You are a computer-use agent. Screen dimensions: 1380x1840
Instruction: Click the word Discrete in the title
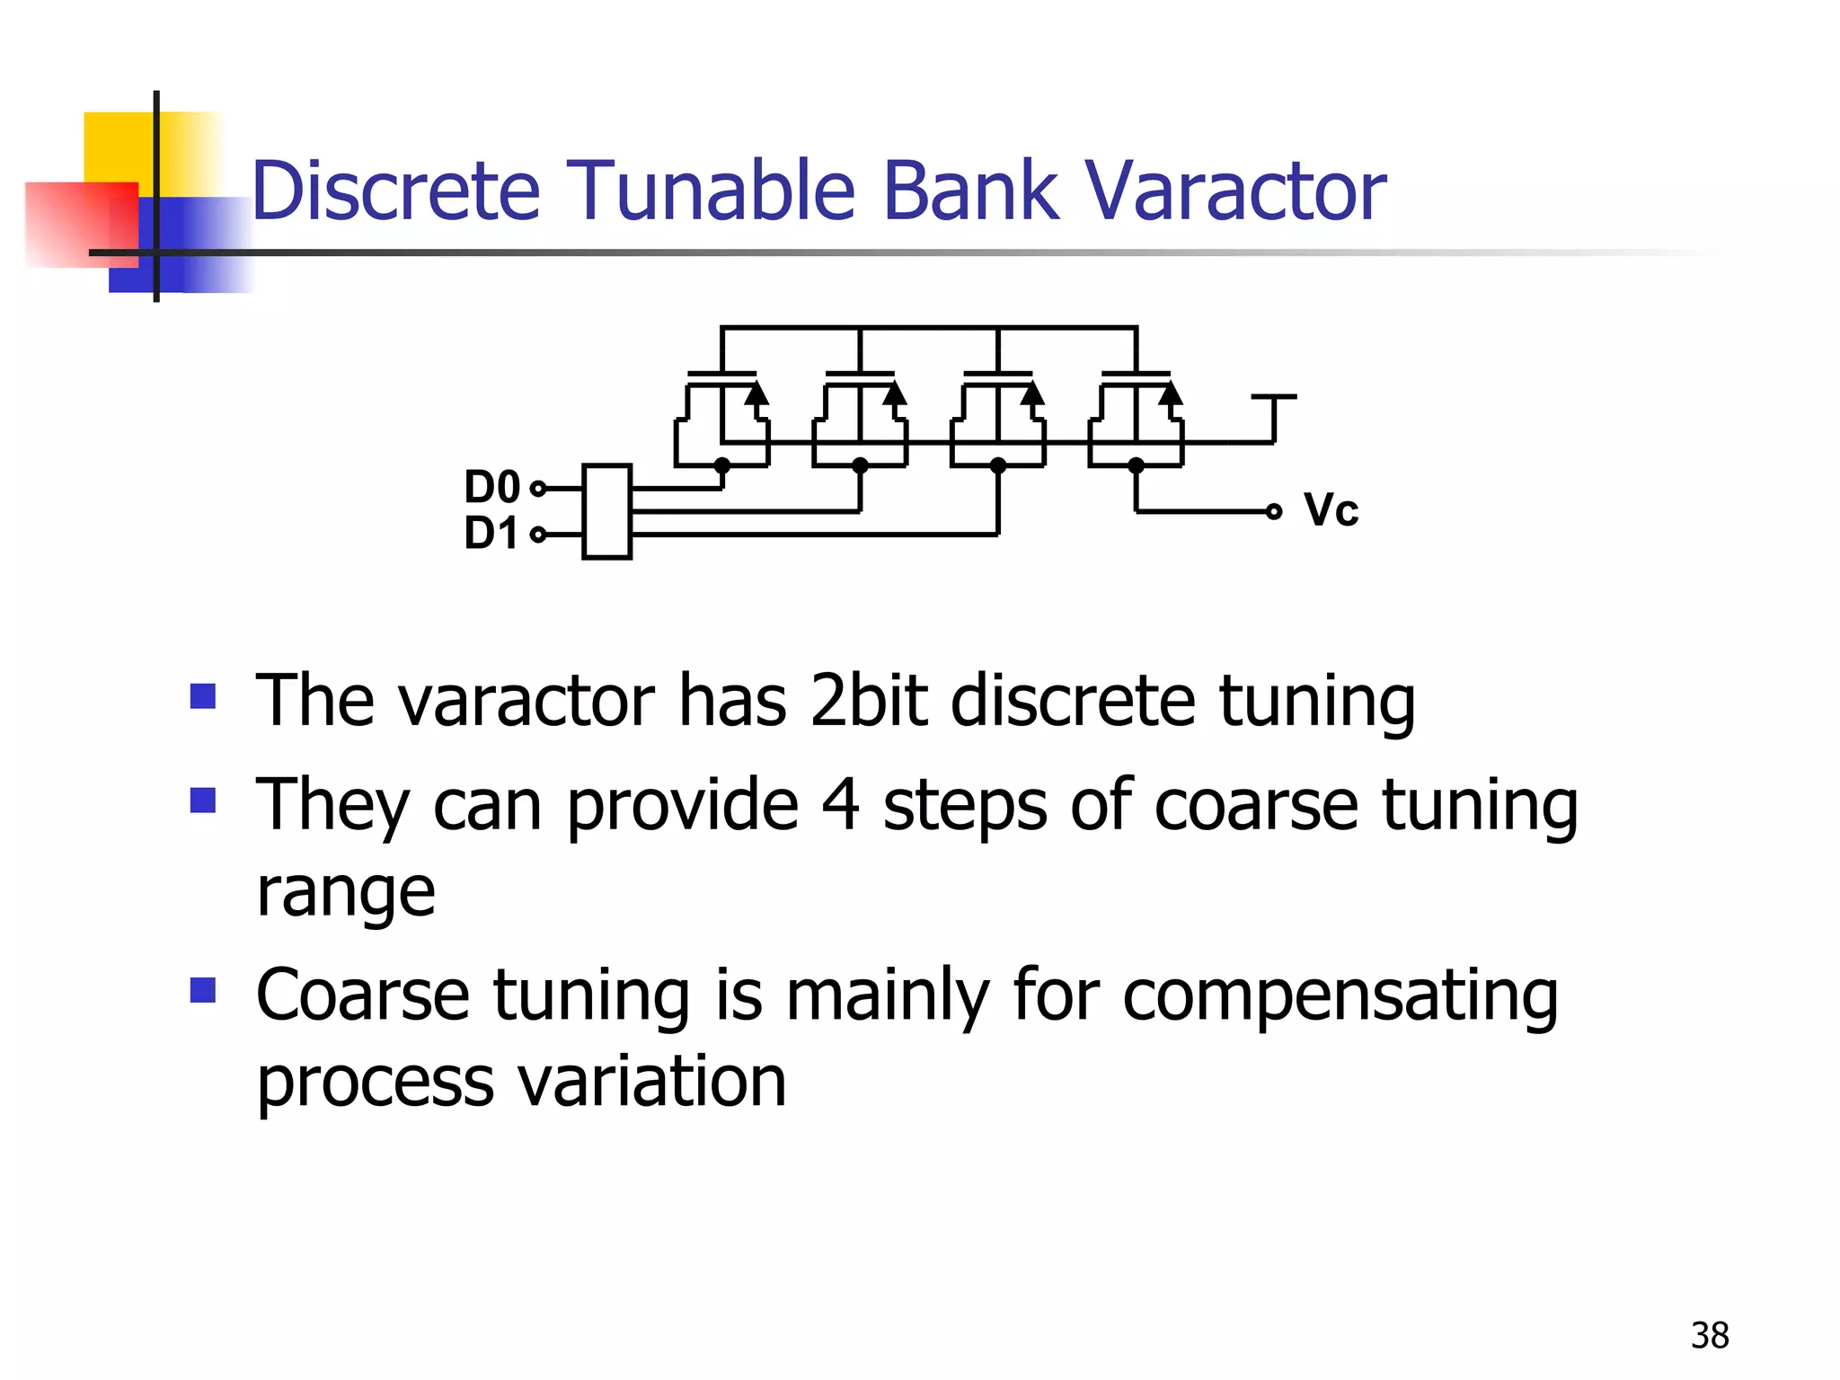(395, 190)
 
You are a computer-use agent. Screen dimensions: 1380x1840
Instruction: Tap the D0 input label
(491, 488)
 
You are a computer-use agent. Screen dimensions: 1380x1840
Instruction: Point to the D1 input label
(491, 534)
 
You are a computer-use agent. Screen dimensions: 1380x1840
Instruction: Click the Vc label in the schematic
(1331, 510)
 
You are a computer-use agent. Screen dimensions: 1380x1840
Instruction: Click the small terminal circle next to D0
(538, 489)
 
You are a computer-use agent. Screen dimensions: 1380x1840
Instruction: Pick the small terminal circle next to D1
(538, 535)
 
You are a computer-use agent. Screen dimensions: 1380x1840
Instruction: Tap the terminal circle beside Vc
(1273, 511)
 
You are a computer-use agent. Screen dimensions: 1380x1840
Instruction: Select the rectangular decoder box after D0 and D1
(606, 511)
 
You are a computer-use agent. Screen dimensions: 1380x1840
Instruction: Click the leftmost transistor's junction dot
(721, 465)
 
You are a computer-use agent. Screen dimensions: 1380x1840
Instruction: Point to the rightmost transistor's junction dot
(1136, 465)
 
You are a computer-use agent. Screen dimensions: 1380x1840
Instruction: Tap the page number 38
(1709, 1336)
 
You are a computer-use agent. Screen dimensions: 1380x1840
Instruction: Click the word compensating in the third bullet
(1340, 997)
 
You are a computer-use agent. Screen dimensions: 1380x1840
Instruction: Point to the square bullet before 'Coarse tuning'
(203, 990)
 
